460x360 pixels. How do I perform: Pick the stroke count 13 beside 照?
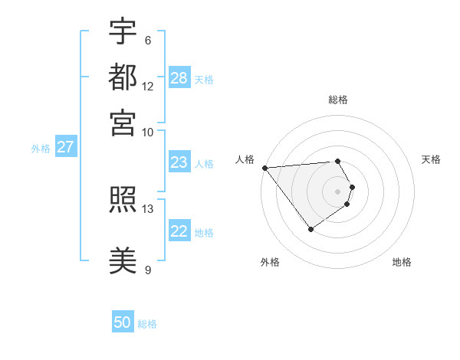148,208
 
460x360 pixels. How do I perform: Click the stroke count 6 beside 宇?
147,41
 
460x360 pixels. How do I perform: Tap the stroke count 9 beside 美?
147,269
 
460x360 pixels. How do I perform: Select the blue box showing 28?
179,77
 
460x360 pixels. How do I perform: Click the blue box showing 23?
179,162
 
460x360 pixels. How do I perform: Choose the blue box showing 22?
179,231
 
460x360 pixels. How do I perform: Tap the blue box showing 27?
65,147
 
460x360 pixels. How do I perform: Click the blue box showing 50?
123,322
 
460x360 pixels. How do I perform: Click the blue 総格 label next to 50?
147,324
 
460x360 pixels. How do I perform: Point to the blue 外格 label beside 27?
41,149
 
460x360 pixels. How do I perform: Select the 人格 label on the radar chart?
245,159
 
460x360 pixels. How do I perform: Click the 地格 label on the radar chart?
402,262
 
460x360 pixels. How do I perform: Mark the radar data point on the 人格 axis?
264,168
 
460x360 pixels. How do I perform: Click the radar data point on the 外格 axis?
310,229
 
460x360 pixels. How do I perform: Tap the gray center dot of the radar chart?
338,191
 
